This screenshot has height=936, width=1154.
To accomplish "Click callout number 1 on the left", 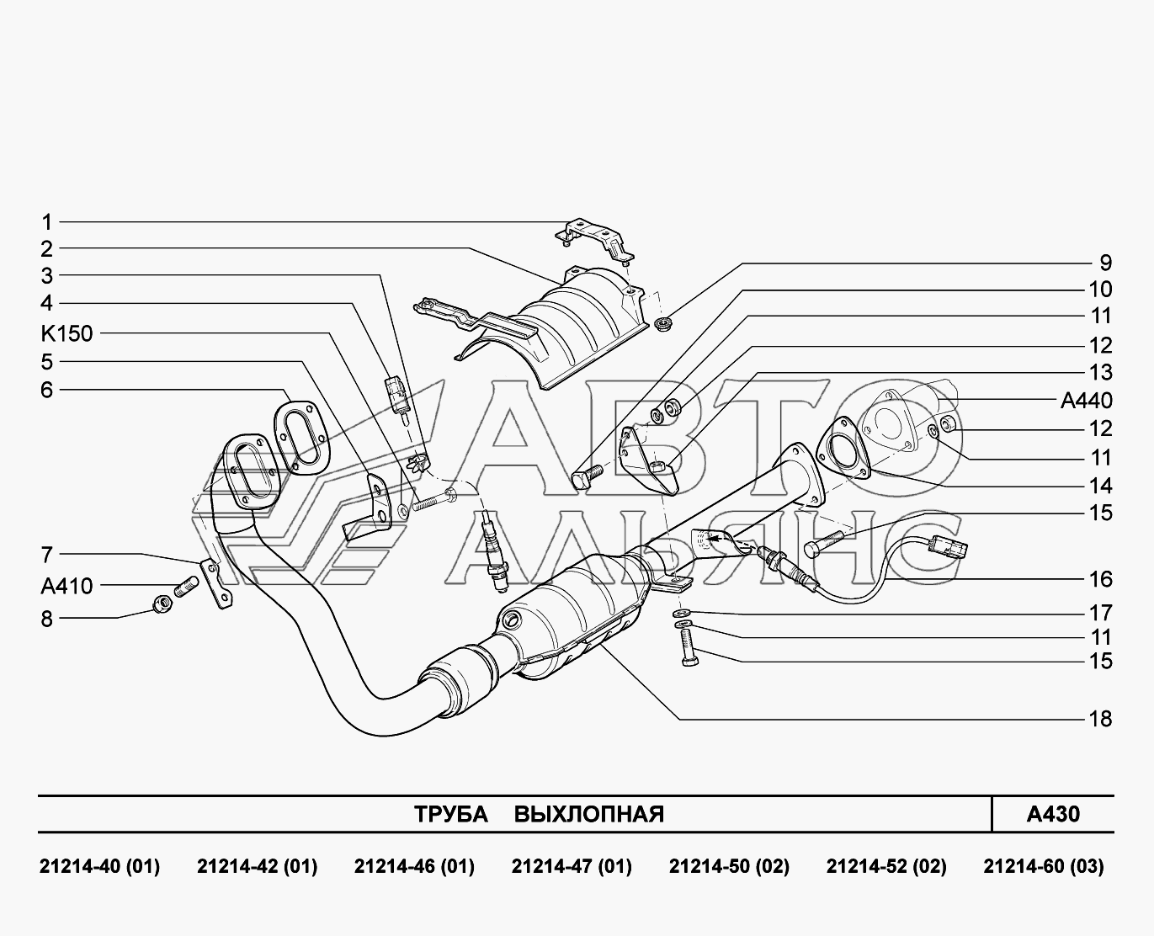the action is tap(47, 222).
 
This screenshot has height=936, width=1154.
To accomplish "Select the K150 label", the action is tap(66, 333).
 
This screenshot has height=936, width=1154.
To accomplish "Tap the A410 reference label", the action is tap(66, 586).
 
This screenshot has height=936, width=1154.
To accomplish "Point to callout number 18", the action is tap(1100, 719).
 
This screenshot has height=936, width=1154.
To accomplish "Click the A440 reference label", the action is tap(1087, 401).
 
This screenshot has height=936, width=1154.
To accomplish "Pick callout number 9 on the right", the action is tap(1106, 263).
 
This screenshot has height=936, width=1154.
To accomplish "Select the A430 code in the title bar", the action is tap(1053, 814).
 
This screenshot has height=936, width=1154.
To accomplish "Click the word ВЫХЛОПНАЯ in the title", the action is tap(589, 814).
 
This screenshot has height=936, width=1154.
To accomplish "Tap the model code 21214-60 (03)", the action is tap(1044, 867).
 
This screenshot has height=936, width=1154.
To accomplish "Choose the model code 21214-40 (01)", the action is tap(99, 867).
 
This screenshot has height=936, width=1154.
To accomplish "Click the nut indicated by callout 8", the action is tap(163, 603).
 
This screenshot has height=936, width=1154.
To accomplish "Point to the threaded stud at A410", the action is tap(186, 587).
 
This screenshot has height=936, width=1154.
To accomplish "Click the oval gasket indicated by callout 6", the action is tap(301, 438).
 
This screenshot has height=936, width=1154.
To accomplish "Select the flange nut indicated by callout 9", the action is tap(663, 325).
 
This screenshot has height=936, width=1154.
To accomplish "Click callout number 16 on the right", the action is tap(1100, 580).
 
